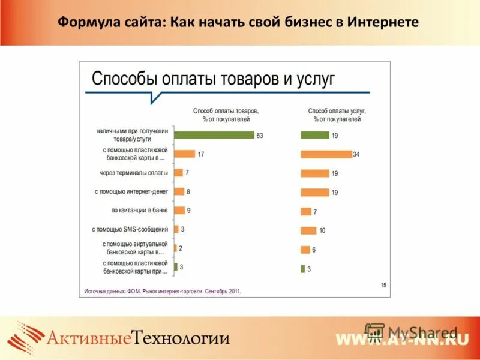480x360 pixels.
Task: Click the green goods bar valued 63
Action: click(x=214, y=135)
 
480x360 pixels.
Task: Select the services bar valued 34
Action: click(x=326, y=154)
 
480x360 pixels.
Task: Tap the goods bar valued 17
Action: click(x=184, y=154)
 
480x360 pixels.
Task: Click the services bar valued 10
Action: click(x=308, y=230)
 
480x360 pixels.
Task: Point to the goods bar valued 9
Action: click(x=179, y=211)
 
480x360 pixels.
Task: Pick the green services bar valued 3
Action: click(x=302, y=269)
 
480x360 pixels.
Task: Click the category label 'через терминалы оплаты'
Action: click(x=134, y=173)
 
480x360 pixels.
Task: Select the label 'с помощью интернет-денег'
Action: click(x=131, y=192)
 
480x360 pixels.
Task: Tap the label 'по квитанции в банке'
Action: click(x=139, y=211)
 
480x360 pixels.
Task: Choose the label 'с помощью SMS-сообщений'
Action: click(x=130, y=229)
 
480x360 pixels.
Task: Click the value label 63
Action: click(x=260, y=136)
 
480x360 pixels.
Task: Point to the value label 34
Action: click(x=356, y=155)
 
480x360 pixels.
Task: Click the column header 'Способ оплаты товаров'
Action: click(x=226, y=111)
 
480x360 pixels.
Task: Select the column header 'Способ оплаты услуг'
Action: click(x=337, y=111)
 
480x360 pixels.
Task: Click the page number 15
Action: click(x=383, y=284)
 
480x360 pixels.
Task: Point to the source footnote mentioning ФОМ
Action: click(x=162, y=291)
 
